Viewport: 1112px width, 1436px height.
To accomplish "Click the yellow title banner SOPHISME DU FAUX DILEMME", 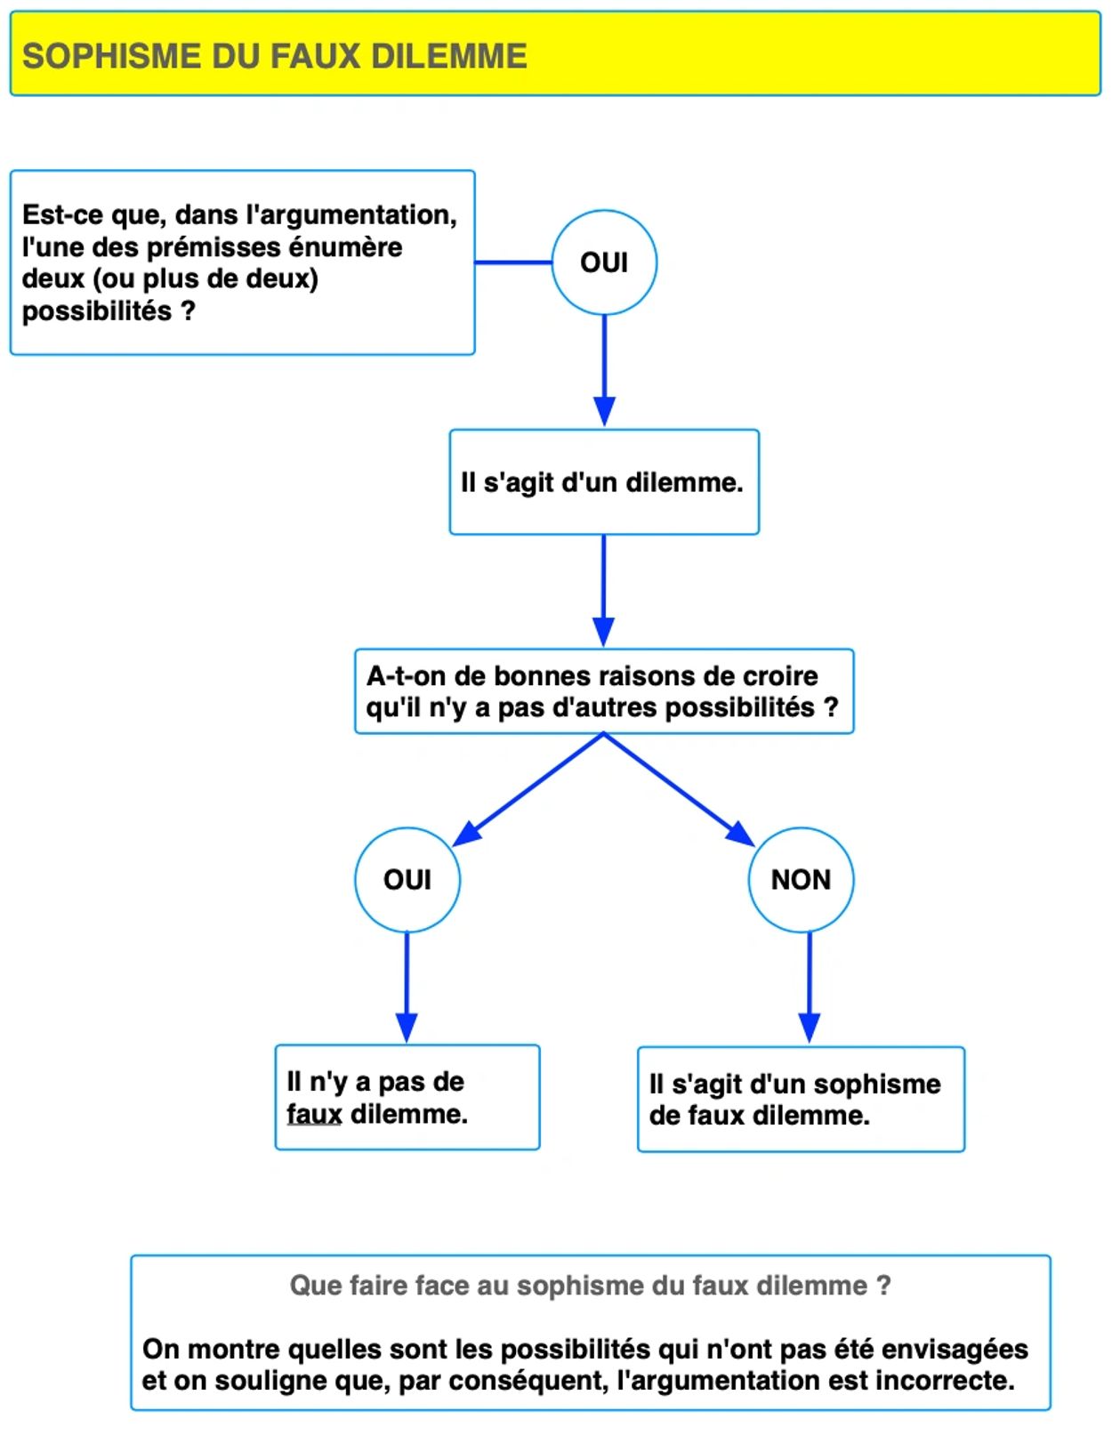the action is [555, 53].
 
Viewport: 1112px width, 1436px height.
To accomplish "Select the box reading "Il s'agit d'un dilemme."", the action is [604, 481].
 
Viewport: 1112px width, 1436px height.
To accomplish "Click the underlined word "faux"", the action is [314, 1114].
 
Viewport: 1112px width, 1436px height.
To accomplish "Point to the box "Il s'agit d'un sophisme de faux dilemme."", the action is [801, 1099].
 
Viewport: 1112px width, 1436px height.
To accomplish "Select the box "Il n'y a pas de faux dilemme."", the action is [407, 1097].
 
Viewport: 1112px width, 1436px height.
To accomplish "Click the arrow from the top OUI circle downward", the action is [604, 370].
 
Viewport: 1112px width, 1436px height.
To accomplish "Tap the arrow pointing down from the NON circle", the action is [810, 988].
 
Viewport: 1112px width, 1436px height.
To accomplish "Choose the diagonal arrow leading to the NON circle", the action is [680, 789].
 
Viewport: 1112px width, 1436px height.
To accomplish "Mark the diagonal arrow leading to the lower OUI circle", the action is [528, 789].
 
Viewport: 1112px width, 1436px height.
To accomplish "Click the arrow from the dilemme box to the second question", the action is [603, 590].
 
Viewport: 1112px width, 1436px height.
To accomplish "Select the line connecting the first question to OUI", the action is [512, 262].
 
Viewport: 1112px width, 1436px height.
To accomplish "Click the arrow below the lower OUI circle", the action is [407, 988].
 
